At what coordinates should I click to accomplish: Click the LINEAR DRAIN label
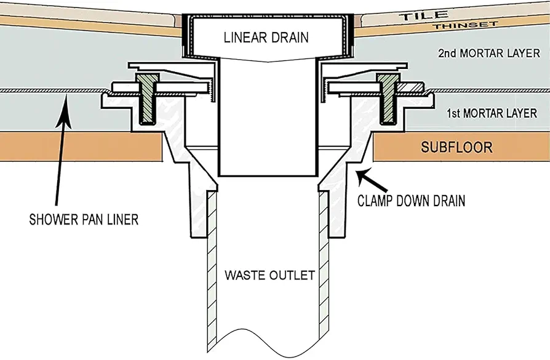pos(266,37)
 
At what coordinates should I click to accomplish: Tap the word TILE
pos(424,15)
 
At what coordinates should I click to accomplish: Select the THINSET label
pos(465,25)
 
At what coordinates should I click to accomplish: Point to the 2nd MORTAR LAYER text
pos(489,54)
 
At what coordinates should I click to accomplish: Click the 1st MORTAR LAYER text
pos(492,113)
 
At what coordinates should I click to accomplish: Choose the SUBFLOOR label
pos(456,147)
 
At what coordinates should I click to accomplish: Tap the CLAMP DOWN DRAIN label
pos(411,201)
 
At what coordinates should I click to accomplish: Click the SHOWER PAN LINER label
pos(84,220)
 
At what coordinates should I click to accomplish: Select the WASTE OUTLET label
pos(269,275)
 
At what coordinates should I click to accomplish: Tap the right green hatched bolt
pos(388,98)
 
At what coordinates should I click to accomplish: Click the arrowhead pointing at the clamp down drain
pos(361,174)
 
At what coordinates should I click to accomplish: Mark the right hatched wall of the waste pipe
pos(324,266)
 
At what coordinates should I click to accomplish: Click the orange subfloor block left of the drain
pos(81,146)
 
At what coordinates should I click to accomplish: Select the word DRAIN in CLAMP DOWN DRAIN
pos(444,201)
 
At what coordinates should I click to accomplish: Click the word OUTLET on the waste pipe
pos(293,275)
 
